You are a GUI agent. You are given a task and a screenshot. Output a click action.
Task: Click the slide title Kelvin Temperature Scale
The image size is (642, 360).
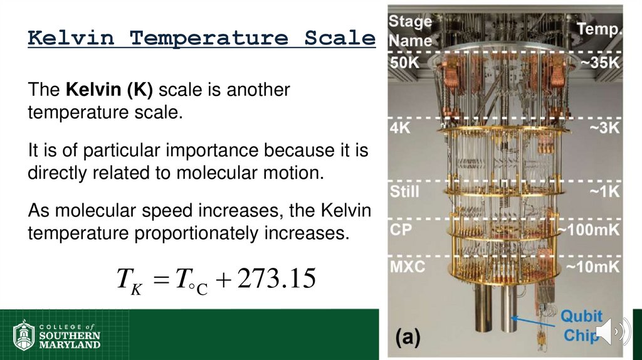(x=201, y=38)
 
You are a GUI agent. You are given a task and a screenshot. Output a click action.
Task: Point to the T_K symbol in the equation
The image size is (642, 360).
(x=128, y=280)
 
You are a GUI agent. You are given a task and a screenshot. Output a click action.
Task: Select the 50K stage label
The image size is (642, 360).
(x=404, y=63)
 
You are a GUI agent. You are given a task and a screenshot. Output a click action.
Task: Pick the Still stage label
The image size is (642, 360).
(x=404, y=191)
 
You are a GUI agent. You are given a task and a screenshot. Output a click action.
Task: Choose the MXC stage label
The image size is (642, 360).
(x=408, y=267)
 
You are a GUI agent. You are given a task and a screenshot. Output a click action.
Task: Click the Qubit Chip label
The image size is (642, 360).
(x=581, y=325)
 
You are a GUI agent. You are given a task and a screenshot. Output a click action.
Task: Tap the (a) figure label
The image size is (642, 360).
(x=408, y=337)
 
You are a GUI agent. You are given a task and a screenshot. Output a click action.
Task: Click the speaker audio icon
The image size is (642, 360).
(x=611, y=331)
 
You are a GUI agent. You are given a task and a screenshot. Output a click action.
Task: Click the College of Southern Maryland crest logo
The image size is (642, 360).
(x=23, y=336)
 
